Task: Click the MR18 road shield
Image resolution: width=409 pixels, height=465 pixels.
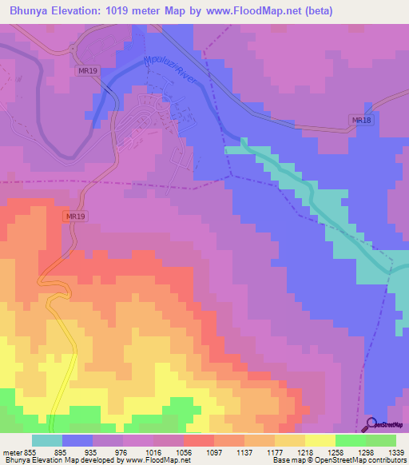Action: pyautogui.click(x=362, y=120)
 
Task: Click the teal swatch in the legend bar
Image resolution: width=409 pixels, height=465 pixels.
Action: pyautogui.click(x=47, y=440)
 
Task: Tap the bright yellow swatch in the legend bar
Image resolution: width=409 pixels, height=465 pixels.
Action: pyautogui.click(x=320, y=440)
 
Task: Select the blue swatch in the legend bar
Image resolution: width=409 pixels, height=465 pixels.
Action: pyautogui.click(x=77, y=440)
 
